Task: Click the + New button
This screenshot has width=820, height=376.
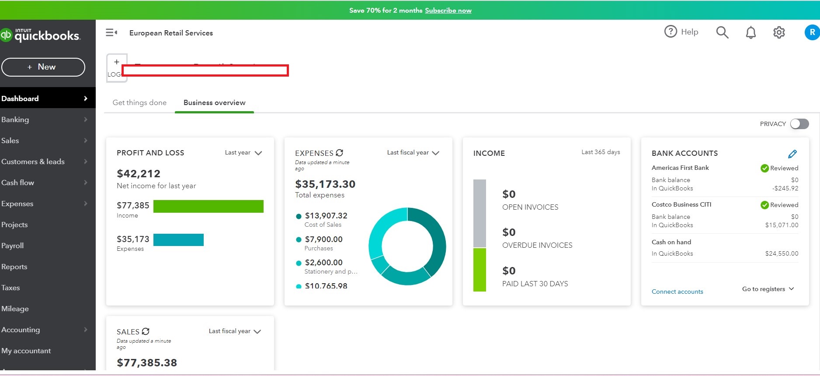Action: tap(43, 67)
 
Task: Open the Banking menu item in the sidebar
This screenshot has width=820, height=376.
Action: tap(15, 119)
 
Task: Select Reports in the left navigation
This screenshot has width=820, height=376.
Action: tap(14, 267)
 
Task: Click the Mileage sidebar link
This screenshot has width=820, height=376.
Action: tap(15, 309)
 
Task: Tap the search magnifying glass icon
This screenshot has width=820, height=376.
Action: tap(722, 32)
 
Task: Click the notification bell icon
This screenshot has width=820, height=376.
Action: tap(751, 32)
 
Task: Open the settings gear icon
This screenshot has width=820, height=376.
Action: tap(779, 32)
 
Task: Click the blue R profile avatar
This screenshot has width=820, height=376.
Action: tap(812, 32)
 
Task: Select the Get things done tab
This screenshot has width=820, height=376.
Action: tap(139, 102)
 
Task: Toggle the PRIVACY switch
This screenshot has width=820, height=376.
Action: tap(799, 124)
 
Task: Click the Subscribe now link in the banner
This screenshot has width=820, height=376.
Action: tap(448, 11)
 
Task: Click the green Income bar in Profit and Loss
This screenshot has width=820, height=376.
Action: tap(208, 206)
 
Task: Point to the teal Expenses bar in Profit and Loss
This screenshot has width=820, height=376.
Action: tap(178, 240)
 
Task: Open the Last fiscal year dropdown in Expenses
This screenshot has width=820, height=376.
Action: tap(413, 153)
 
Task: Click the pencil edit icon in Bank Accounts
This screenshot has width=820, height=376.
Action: tap(792, 154)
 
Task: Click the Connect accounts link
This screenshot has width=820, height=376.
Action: tap(677, 292)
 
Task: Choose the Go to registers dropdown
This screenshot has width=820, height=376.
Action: tap(768, 289)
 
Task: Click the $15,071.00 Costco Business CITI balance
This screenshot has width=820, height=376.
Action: tap(782, 225)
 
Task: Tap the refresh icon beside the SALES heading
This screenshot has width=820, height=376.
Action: tap(146, 331)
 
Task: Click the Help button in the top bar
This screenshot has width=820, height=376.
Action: tap(681, 32)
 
